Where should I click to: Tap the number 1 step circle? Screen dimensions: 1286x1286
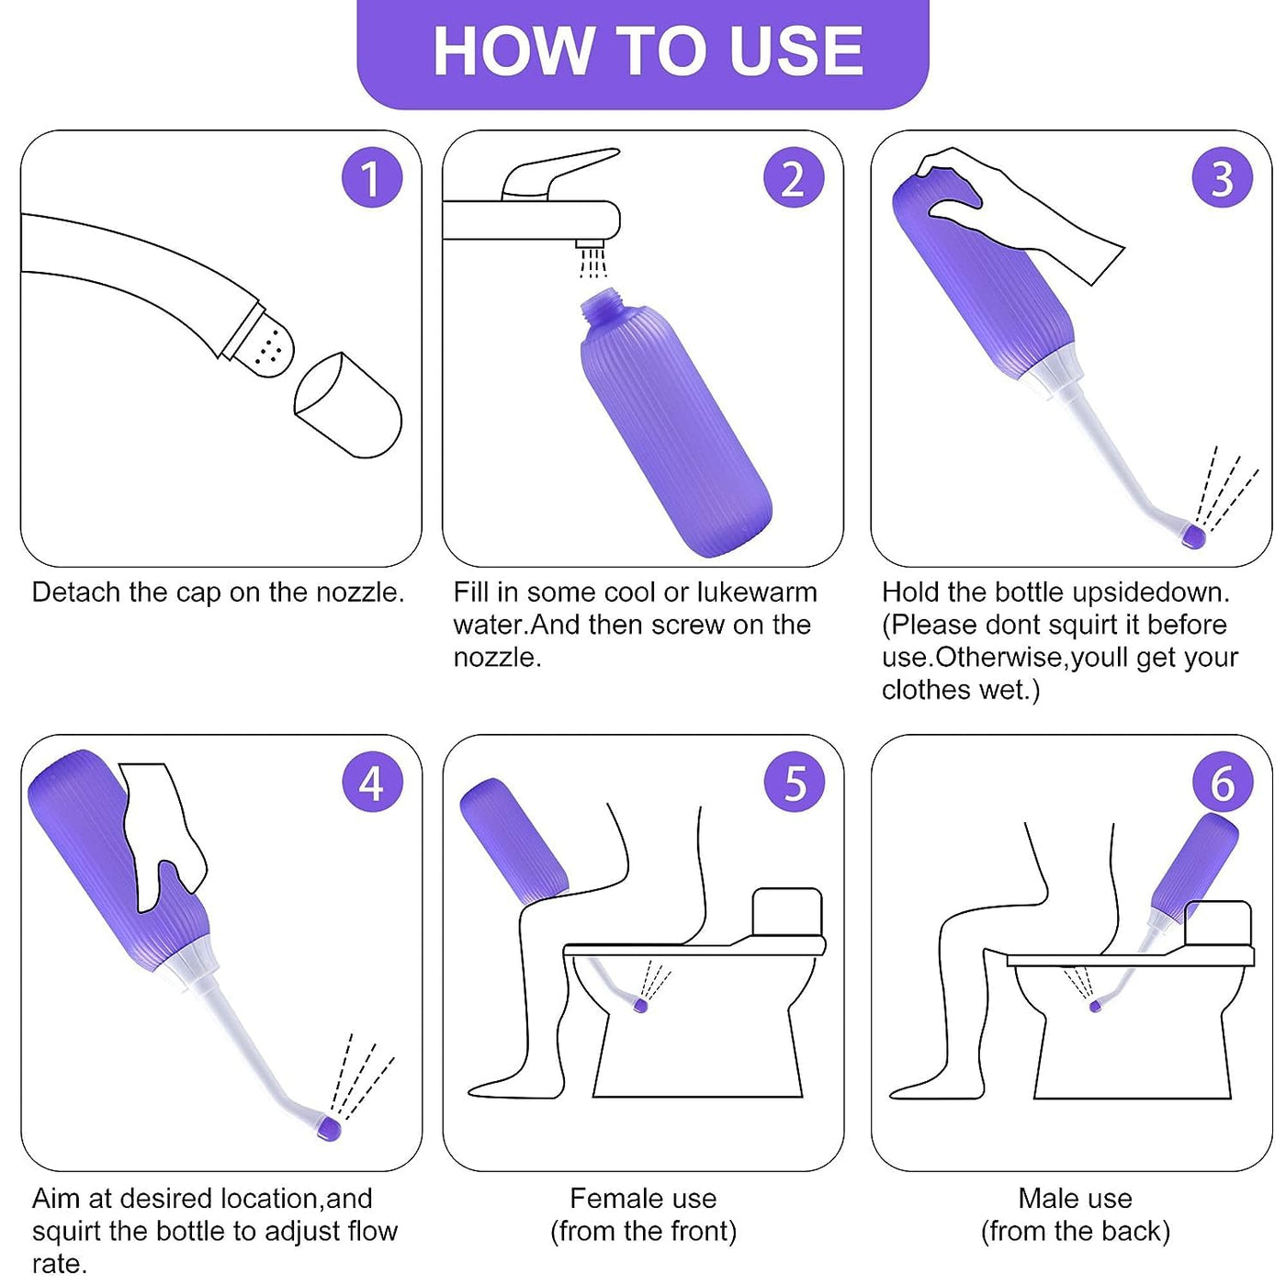click(x=372, y=178)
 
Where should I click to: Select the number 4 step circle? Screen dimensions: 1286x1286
click(x=372, y=783)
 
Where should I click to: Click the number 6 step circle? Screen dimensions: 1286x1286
click(x=1223, y=783)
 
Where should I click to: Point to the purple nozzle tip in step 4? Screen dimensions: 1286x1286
click(x=328, y=1127)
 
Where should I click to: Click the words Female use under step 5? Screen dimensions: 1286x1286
click(x=643, y=1199)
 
